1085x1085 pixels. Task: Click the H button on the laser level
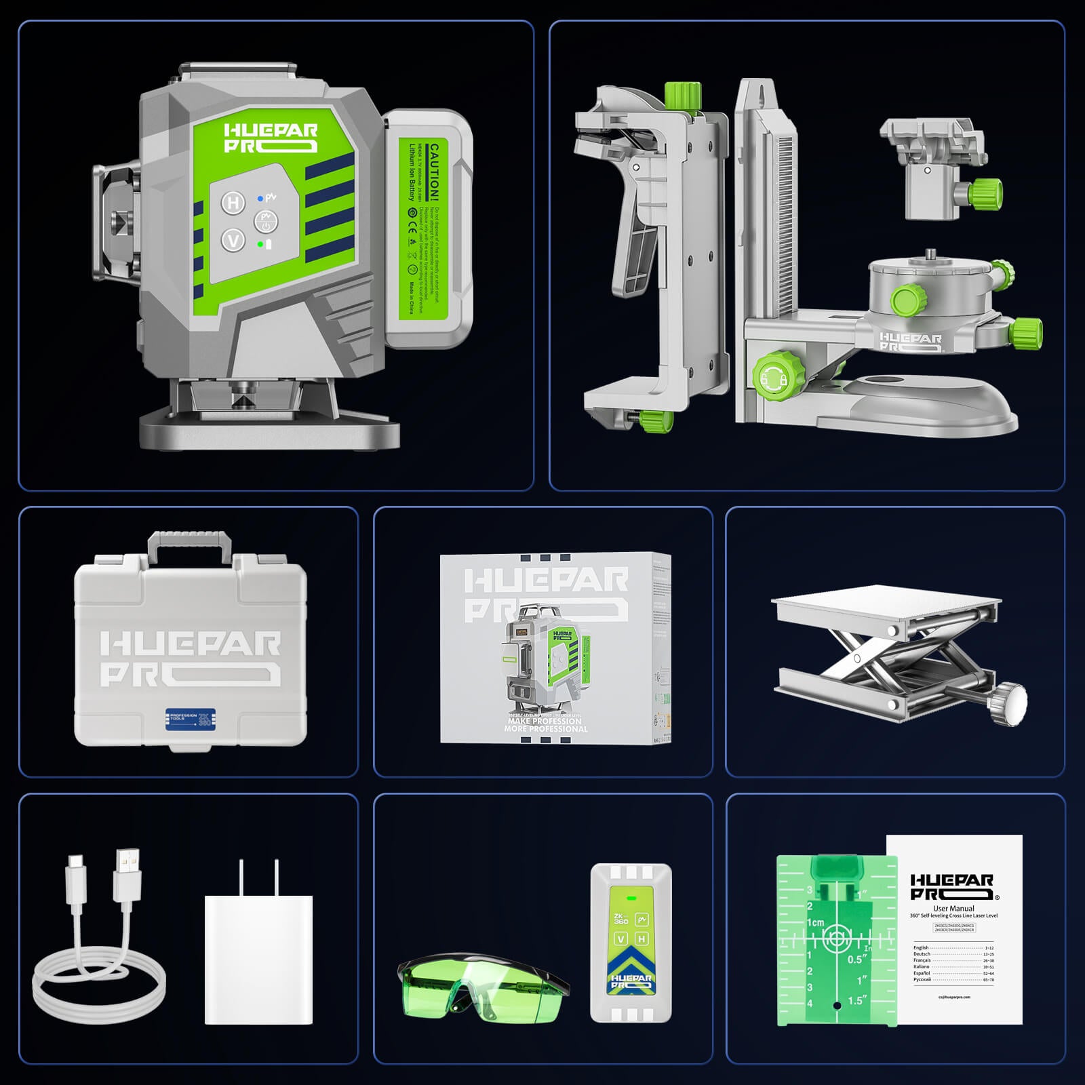point(234,202)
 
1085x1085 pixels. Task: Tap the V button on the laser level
point(234,240)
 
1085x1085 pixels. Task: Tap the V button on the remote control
point(620,939)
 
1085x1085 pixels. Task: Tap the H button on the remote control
point(642,939)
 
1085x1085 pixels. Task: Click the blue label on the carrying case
point(191,718)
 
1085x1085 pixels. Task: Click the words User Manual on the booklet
point(953,908)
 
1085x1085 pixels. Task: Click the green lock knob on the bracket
point(770,374)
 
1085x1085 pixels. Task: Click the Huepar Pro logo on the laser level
point(271,138)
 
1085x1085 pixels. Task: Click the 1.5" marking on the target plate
point(857,1000)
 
